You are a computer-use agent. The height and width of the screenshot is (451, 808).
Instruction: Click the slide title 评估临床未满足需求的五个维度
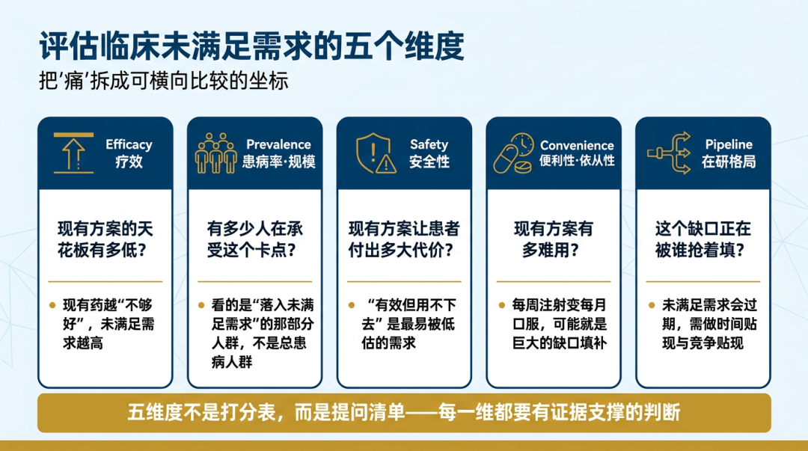tap(251, 46)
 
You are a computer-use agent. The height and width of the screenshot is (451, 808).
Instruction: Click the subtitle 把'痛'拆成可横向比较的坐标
tap(163, 81)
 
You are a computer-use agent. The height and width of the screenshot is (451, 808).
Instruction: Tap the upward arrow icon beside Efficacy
tap(73, 153)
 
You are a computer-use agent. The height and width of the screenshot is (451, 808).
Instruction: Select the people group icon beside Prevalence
tap(216, 153)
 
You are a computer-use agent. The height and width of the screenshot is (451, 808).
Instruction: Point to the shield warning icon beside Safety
tap(376, 153)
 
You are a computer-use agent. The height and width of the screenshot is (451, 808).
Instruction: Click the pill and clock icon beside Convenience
tap(513, 153)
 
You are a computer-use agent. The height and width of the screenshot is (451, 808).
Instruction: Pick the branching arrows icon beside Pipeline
tap(669, 153)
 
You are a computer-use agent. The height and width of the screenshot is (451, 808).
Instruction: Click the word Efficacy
tap(129, 145)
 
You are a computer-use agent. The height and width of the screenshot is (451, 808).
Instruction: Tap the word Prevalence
tap(278, 144)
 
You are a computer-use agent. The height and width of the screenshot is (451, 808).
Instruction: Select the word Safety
tap(429, 145)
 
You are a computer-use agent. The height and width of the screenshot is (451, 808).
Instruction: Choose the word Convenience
tap(577, 145)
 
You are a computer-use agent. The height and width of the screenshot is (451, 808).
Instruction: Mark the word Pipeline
tap(729, 145)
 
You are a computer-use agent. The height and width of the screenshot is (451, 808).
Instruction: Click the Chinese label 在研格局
tap(729, 162)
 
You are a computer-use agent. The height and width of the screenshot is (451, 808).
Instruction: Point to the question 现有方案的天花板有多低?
tap(105, 239)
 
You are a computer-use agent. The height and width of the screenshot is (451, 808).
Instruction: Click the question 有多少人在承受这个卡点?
tap(254, 239)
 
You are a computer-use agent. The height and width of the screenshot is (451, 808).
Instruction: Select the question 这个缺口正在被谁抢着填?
tap(703, 239)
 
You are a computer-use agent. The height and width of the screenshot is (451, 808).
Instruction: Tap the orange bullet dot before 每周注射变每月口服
tap(502, 305)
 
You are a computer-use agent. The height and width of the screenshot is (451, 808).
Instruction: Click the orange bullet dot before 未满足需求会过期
tap(652, 305)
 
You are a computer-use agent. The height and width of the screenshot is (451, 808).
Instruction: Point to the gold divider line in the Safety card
tap(404, 281)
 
